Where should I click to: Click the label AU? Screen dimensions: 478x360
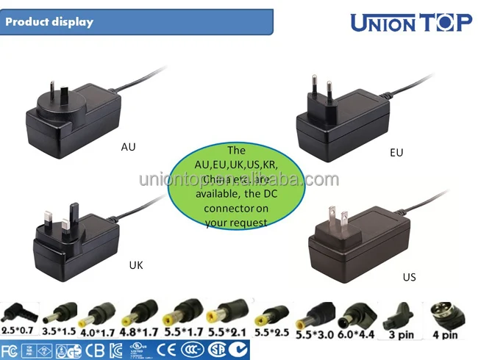coord(128,146)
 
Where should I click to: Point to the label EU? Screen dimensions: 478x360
coord(398,153)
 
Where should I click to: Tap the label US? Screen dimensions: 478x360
coord(409,277)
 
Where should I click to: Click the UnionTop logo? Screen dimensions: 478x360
coord(410,23)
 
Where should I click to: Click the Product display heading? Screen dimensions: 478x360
coord(50,21)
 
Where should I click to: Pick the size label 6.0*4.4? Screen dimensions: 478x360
coord(357,334)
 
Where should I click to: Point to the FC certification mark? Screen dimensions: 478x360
coord(10,349)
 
